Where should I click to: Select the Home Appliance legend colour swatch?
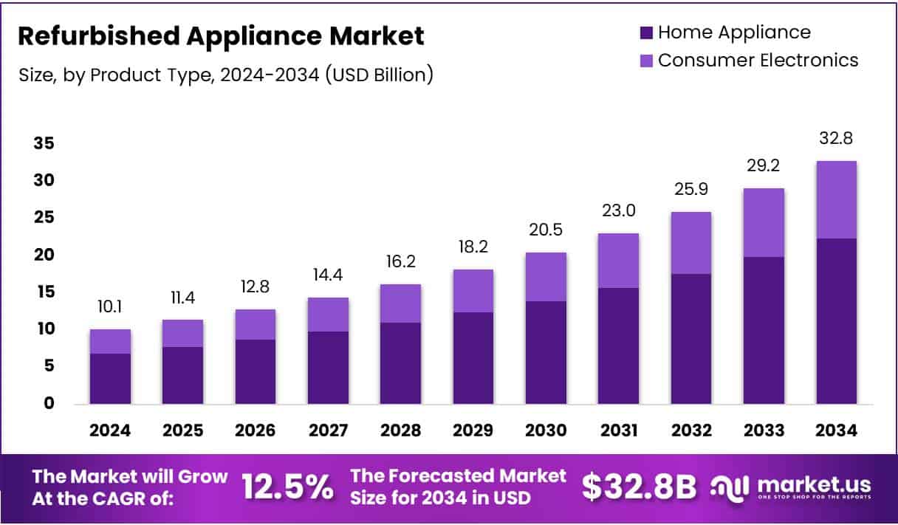click(646, 32)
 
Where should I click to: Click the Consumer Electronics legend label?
click(758, 60)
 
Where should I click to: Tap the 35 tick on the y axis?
click(44, 143)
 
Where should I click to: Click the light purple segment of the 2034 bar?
click(836, 199)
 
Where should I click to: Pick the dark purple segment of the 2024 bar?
click(110, 378)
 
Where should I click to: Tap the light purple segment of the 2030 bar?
click(546, 277)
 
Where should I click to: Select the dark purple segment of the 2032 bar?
click(690, 338)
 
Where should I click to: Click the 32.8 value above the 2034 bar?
click(836, 138)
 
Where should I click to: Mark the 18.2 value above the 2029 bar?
click(473, 247)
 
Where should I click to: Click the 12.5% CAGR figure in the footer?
click(287, 487)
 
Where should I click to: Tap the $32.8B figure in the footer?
click(639, 487)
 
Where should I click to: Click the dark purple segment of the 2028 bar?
click(400, 363)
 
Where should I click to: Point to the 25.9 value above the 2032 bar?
click(690, 189)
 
